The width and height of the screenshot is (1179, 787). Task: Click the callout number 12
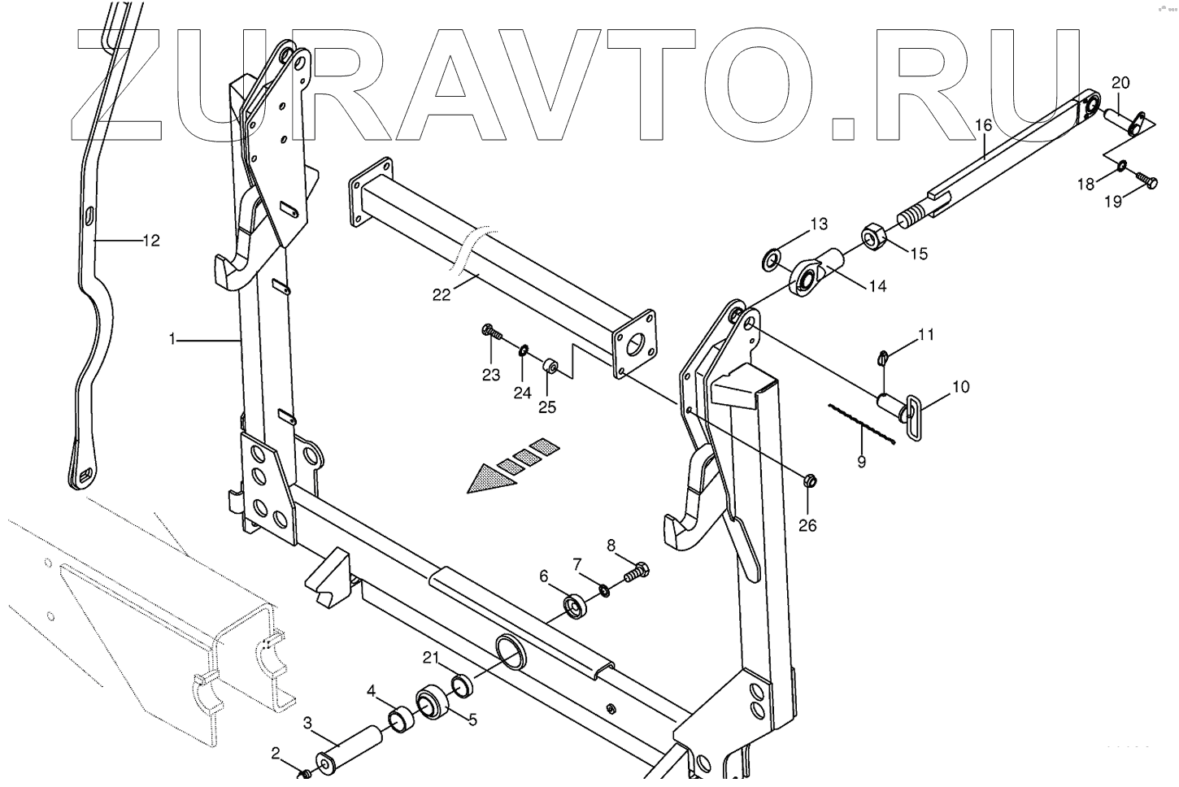(151, 241)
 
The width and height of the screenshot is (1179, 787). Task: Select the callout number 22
(441, 295)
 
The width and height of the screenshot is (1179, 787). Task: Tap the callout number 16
(983, 126)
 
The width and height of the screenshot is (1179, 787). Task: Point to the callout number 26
(807, 525)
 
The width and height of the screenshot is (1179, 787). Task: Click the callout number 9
(861, 463)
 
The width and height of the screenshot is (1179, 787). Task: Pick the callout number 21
(430, 657)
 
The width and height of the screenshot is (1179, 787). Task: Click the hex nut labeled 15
(875, 237)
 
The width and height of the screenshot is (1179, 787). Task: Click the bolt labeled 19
(1145, 183)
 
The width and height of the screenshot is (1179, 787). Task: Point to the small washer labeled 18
(1120, 167)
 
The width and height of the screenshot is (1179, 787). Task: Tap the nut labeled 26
(809, 481)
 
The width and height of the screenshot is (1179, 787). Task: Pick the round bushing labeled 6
(576, 607)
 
